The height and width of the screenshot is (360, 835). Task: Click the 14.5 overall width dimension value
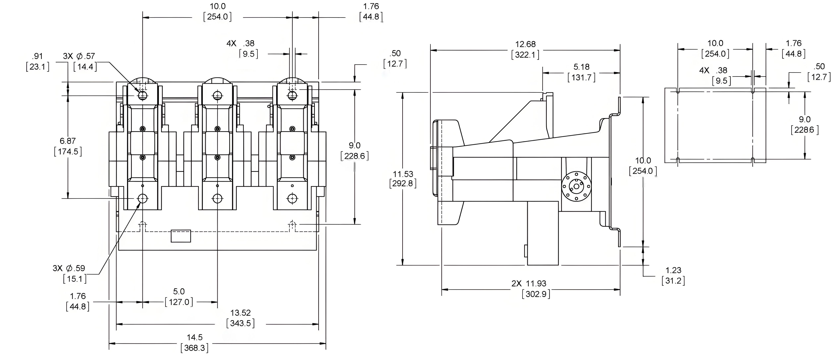pyautogui.click(x=195, y=337)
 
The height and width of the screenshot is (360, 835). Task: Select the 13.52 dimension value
pyautogui.click(x=241, y=313)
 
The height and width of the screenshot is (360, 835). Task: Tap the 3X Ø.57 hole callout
pyautogui.click(x=79, y=56)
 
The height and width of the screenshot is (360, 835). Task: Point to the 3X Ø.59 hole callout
pyautogui.click(x=69, y=268)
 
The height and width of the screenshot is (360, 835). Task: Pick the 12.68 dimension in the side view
pyautogui.click(x=526, y=44)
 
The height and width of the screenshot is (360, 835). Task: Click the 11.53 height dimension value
pyautogui.click(x=403, y=174)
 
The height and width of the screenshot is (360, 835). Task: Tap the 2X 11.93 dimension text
pyautogui.click(x=529, y=283)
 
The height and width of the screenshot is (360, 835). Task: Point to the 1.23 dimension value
pyautogui.click(x=673, y=270)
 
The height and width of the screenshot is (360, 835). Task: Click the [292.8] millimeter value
pyautogui.click(x=403, y=184)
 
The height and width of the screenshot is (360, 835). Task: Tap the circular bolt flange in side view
pyautogui.click(x=576, y=186)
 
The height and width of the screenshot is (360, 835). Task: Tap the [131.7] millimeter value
pyautogui.click(x=582, y=78)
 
